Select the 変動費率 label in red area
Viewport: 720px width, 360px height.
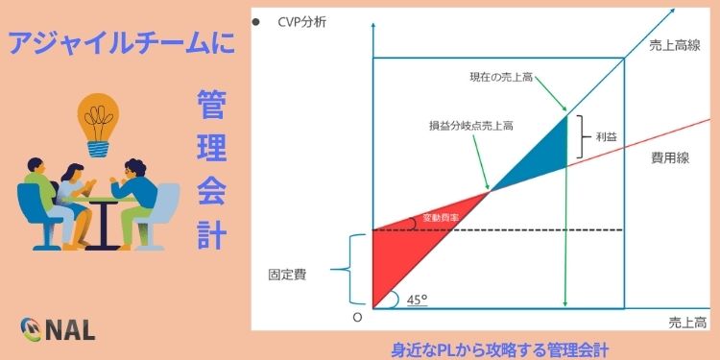[x=441, y=219]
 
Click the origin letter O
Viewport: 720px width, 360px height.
[x=356, y=317]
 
